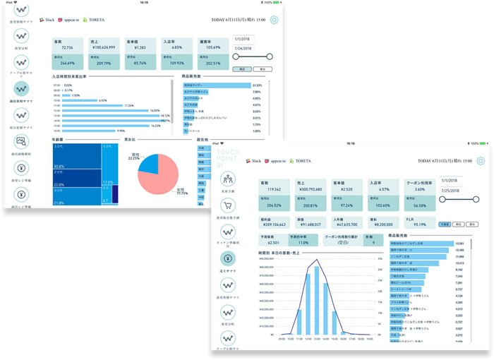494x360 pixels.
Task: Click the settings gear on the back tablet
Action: click(x=274, y=21)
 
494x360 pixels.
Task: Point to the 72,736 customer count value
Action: click(x=68, y=47)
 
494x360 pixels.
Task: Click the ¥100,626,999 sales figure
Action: click(x=105, y=47)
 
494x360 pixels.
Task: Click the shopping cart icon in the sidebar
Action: click(x=227, y=205)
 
